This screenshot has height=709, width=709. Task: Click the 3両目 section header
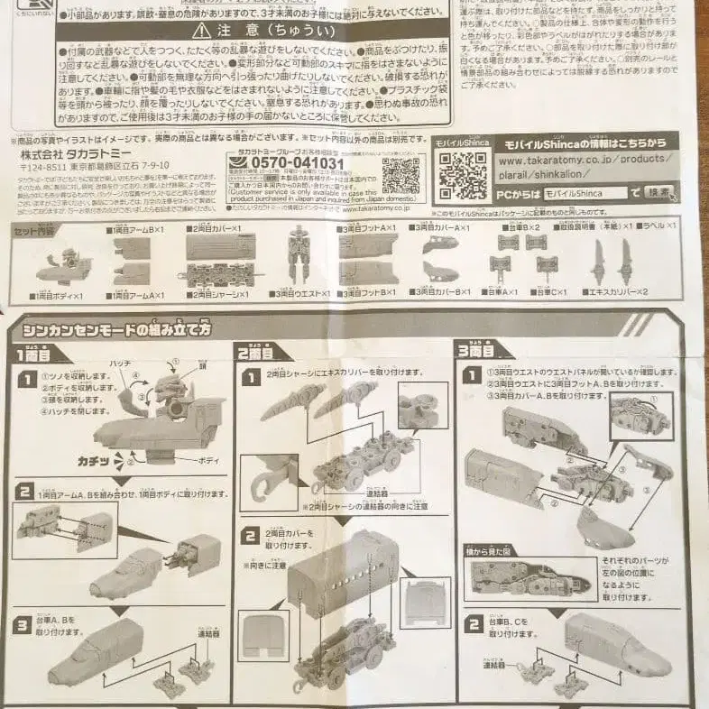(476, 350)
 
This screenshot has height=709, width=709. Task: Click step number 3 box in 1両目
(25, 625)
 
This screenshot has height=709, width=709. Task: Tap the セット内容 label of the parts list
(34, 229)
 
